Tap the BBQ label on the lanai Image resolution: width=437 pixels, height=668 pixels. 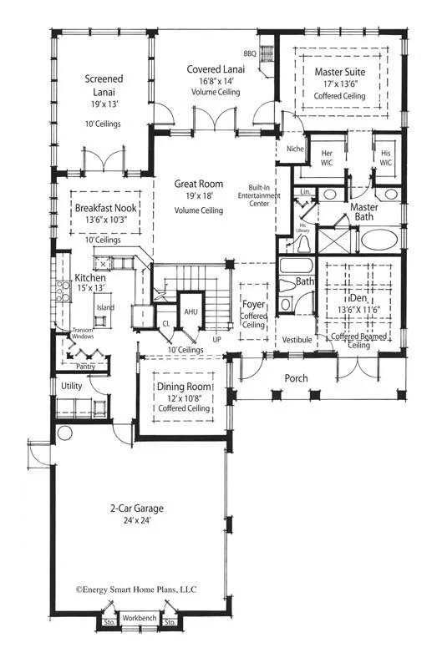tap(251, 53)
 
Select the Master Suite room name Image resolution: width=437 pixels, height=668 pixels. tap(339, 72)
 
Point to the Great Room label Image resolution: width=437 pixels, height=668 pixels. tap(198, 183)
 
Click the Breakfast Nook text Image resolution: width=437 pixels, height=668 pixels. tap(104, 208)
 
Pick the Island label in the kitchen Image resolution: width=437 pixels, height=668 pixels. tap(105, 307)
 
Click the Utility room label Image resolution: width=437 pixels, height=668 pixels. tap(72, 386)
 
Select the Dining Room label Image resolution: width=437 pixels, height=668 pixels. tap(182, 387)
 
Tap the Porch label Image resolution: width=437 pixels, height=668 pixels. tap(296, 378)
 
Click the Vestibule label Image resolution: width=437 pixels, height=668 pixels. tap(297, 340)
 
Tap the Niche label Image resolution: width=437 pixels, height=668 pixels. tap(294, 149)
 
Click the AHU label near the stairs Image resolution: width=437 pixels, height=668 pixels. tap(191, 311)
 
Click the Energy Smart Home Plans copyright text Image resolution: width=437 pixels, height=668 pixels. tap(137, 588)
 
